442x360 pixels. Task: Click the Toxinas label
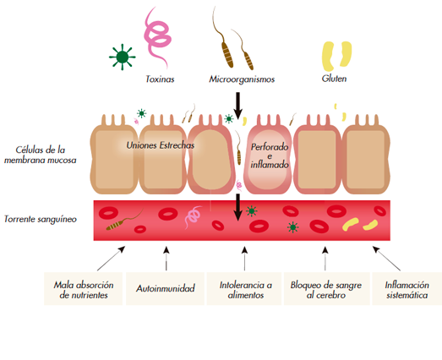point(160,79)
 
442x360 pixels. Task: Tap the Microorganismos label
point(242,79)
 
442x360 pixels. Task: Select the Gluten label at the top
point(334,79)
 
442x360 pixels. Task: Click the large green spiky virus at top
point(122,57)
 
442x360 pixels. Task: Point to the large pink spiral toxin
point(158,38)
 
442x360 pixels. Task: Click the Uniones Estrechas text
point(161,145)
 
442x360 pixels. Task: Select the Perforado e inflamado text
point(270,155)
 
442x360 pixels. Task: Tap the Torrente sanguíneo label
point(41,219)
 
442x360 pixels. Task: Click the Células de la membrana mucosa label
point(41,155)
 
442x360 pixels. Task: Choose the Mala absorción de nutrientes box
point(83,288)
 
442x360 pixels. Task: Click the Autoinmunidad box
point(165,288)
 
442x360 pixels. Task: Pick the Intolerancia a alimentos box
point(244,288)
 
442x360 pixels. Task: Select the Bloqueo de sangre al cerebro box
point(326,288)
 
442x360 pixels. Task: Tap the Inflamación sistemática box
point(407,288)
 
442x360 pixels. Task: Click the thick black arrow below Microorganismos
point(238,106)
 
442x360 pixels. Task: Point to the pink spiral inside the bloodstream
point(193,217)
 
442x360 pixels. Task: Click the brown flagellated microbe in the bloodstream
point(124,221)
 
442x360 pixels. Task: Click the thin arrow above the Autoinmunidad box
point(166,259)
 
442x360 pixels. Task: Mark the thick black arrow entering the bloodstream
point(238,207)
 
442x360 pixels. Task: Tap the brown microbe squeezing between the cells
point(238,150)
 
